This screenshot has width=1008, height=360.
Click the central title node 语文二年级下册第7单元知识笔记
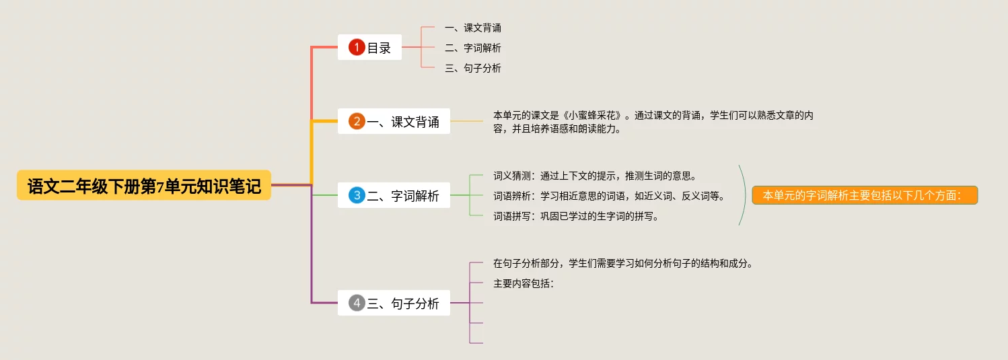[x=144, y=186]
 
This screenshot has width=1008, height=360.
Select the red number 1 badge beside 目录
[x=357, y=47]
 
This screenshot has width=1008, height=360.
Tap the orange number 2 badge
[x=357, y=121]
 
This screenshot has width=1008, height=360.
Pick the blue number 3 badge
[x=357, y=195]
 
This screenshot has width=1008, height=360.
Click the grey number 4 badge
[x=357, y=303]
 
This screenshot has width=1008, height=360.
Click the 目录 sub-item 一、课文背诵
[x=472, y=28]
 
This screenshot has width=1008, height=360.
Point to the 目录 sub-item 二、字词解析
[x=472, y=48]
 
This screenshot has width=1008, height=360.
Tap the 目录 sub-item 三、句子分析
[x=472, y=69]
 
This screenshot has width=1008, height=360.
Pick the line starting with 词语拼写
[x=575, y=217]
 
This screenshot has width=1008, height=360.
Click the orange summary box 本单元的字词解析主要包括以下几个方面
[x=864, y=195]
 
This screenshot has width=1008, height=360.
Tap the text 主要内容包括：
[x=524, y=284]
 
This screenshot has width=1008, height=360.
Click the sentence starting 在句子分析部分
[x=622, y=264]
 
